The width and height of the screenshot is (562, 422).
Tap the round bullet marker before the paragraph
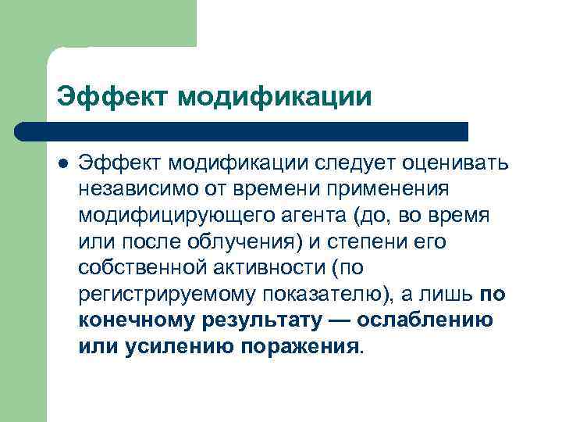[63, 163]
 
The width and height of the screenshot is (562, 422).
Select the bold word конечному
[134, 321]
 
